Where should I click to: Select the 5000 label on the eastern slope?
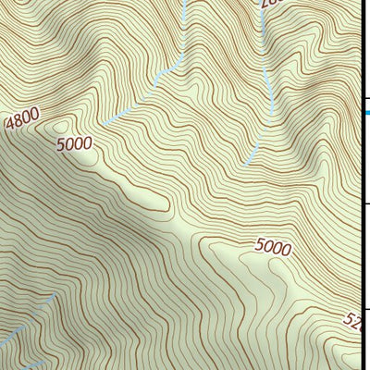click(273, 247)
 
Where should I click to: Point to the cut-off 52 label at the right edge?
click(355, 321)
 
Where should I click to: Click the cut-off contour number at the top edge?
click(268, 5)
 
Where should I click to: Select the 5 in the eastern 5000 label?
click(259, 245)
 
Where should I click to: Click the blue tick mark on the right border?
click(365, 113)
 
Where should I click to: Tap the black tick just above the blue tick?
click(365, 99)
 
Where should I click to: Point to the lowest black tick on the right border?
click(365, 309)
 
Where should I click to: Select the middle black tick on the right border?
click(365, 204)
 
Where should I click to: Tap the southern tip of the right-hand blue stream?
click(245, 164)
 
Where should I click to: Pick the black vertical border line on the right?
click(360, 185)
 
